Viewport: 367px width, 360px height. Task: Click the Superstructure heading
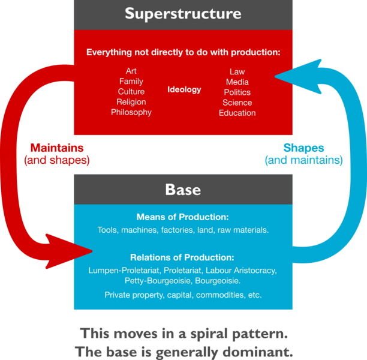coord(183,14)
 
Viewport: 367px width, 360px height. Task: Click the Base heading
coord(183,190)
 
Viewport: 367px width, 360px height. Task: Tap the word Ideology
coord(184,90)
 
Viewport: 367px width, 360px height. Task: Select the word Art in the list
coord(131,71)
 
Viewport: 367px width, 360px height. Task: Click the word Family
coord(131,82)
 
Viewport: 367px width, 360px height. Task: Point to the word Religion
coord(131,102)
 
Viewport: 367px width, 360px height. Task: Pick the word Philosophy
coord(131,112)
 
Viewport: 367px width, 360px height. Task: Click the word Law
coord(237,72)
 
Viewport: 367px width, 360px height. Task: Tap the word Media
coord(237,82)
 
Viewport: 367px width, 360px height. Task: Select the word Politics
coord(237,92)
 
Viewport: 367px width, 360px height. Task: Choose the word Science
coord(237,103)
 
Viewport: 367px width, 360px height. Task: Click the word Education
coord(237,113)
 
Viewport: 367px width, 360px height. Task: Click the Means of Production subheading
coord(183,217)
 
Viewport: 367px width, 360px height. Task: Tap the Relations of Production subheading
coord(183,257)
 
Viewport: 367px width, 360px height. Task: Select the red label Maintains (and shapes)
coord(57,154)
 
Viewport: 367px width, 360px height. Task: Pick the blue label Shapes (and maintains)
coord(303,154)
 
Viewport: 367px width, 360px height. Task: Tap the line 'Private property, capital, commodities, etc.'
coord(183,295)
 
